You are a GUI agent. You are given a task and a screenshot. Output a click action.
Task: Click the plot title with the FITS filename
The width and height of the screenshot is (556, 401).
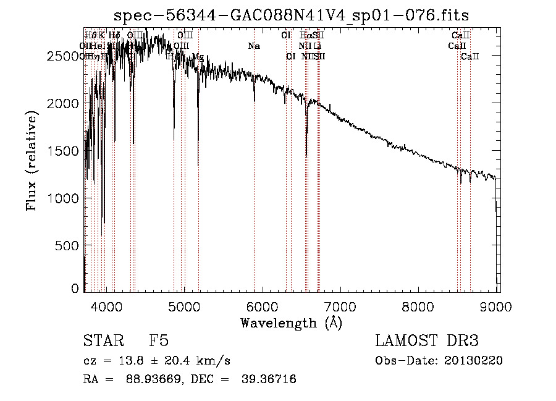[x=296, y=15]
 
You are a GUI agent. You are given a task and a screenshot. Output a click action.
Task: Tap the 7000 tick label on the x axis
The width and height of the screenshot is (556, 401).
[x=340, y=305]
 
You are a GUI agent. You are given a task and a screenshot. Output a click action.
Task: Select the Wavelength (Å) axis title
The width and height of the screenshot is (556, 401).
[x=291, y=323]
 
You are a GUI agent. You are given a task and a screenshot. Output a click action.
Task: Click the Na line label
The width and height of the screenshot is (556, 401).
[x=254, y=46]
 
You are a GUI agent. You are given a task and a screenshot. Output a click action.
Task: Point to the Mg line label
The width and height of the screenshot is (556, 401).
[x=198, y=57]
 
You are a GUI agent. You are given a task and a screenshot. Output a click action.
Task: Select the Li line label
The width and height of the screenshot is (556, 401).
[x=318, y=46]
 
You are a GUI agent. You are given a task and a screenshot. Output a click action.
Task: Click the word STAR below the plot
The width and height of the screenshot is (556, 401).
[x=103, y=341]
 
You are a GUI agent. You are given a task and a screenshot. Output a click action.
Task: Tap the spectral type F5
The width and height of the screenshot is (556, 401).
[x=159, y=341]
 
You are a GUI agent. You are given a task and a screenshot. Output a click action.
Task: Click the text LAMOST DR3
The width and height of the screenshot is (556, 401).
[x=427, y=341]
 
